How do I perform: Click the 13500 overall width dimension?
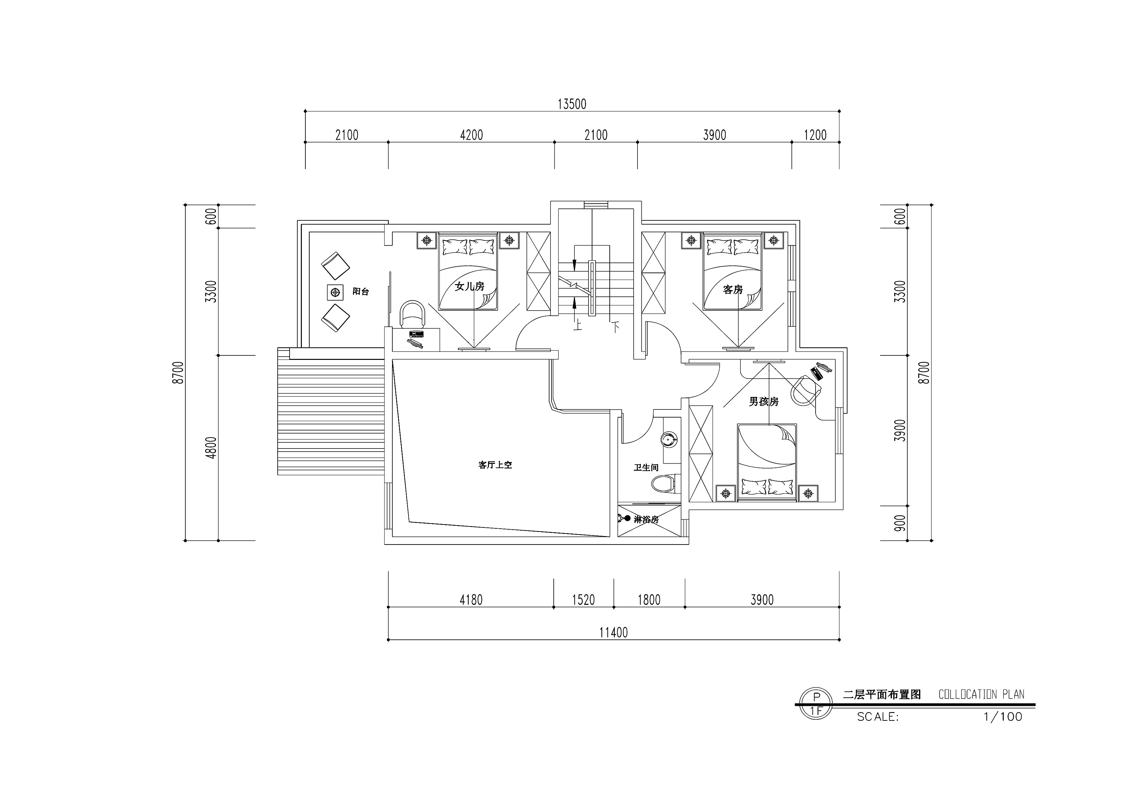(x=571, y=104)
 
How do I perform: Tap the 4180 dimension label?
(x=471, y=600)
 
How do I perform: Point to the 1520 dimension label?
(x=583, y=600)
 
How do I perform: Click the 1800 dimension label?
(x=649, y=600)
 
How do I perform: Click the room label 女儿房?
(x=469, y=286)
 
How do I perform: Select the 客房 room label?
(x=733, y=289)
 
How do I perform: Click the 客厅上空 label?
(x=495, y=465)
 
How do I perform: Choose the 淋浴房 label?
(x=646, y=519)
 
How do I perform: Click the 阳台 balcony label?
(x=361, y=292)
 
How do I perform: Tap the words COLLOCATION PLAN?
(x=982, y=694)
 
